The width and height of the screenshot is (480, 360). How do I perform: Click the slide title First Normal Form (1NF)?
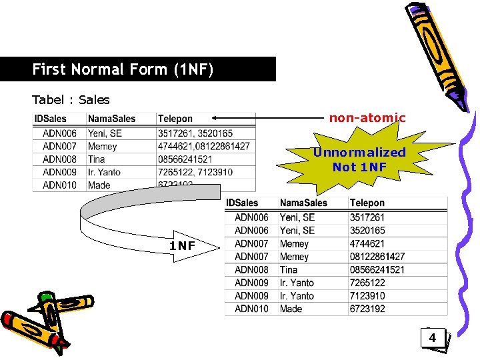pos(122,69)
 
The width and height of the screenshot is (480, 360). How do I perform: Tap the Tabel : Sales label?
pos(71,100)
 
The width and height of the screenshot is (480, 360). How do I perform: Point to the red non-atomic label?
pos(367,118)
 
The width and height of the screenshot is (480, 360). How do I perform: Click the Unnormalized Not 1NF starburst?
pos(359,159)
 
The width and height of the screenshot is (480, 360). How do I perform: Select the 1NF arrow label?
pos(182,246)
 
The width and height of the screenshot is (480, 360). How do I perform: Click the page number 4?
pos(432,338)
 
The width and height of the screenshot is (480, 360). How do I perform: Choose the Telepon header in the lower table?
pos(367,203)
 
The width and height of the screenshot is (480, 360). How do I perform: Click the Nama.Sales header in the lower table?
pos(303,203)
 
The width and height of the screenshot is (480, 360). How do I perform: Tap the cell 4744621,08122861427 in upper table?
pos(203,146)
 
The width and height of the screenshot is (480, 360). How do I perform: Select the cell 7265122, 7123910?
pos(195,172)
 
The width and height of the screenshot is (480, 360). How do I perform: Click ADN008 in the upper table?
pos(59,159)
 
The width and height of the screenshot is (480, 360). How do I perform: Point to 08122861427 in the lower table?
pos(377,257)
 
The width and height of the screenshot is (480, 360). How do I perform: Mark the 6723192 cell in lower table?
pos(367,309)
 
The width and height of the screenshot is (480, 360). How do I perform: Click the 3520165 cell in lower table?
pos(367,231)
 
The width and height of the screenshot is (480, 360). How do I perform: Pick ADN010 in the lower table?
pos(251,309)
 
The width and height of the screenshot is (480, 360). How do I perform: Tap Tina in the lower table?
pos(289,270)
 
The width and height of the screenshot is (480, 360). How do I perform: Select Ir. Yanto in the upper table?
pos(104,172)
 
